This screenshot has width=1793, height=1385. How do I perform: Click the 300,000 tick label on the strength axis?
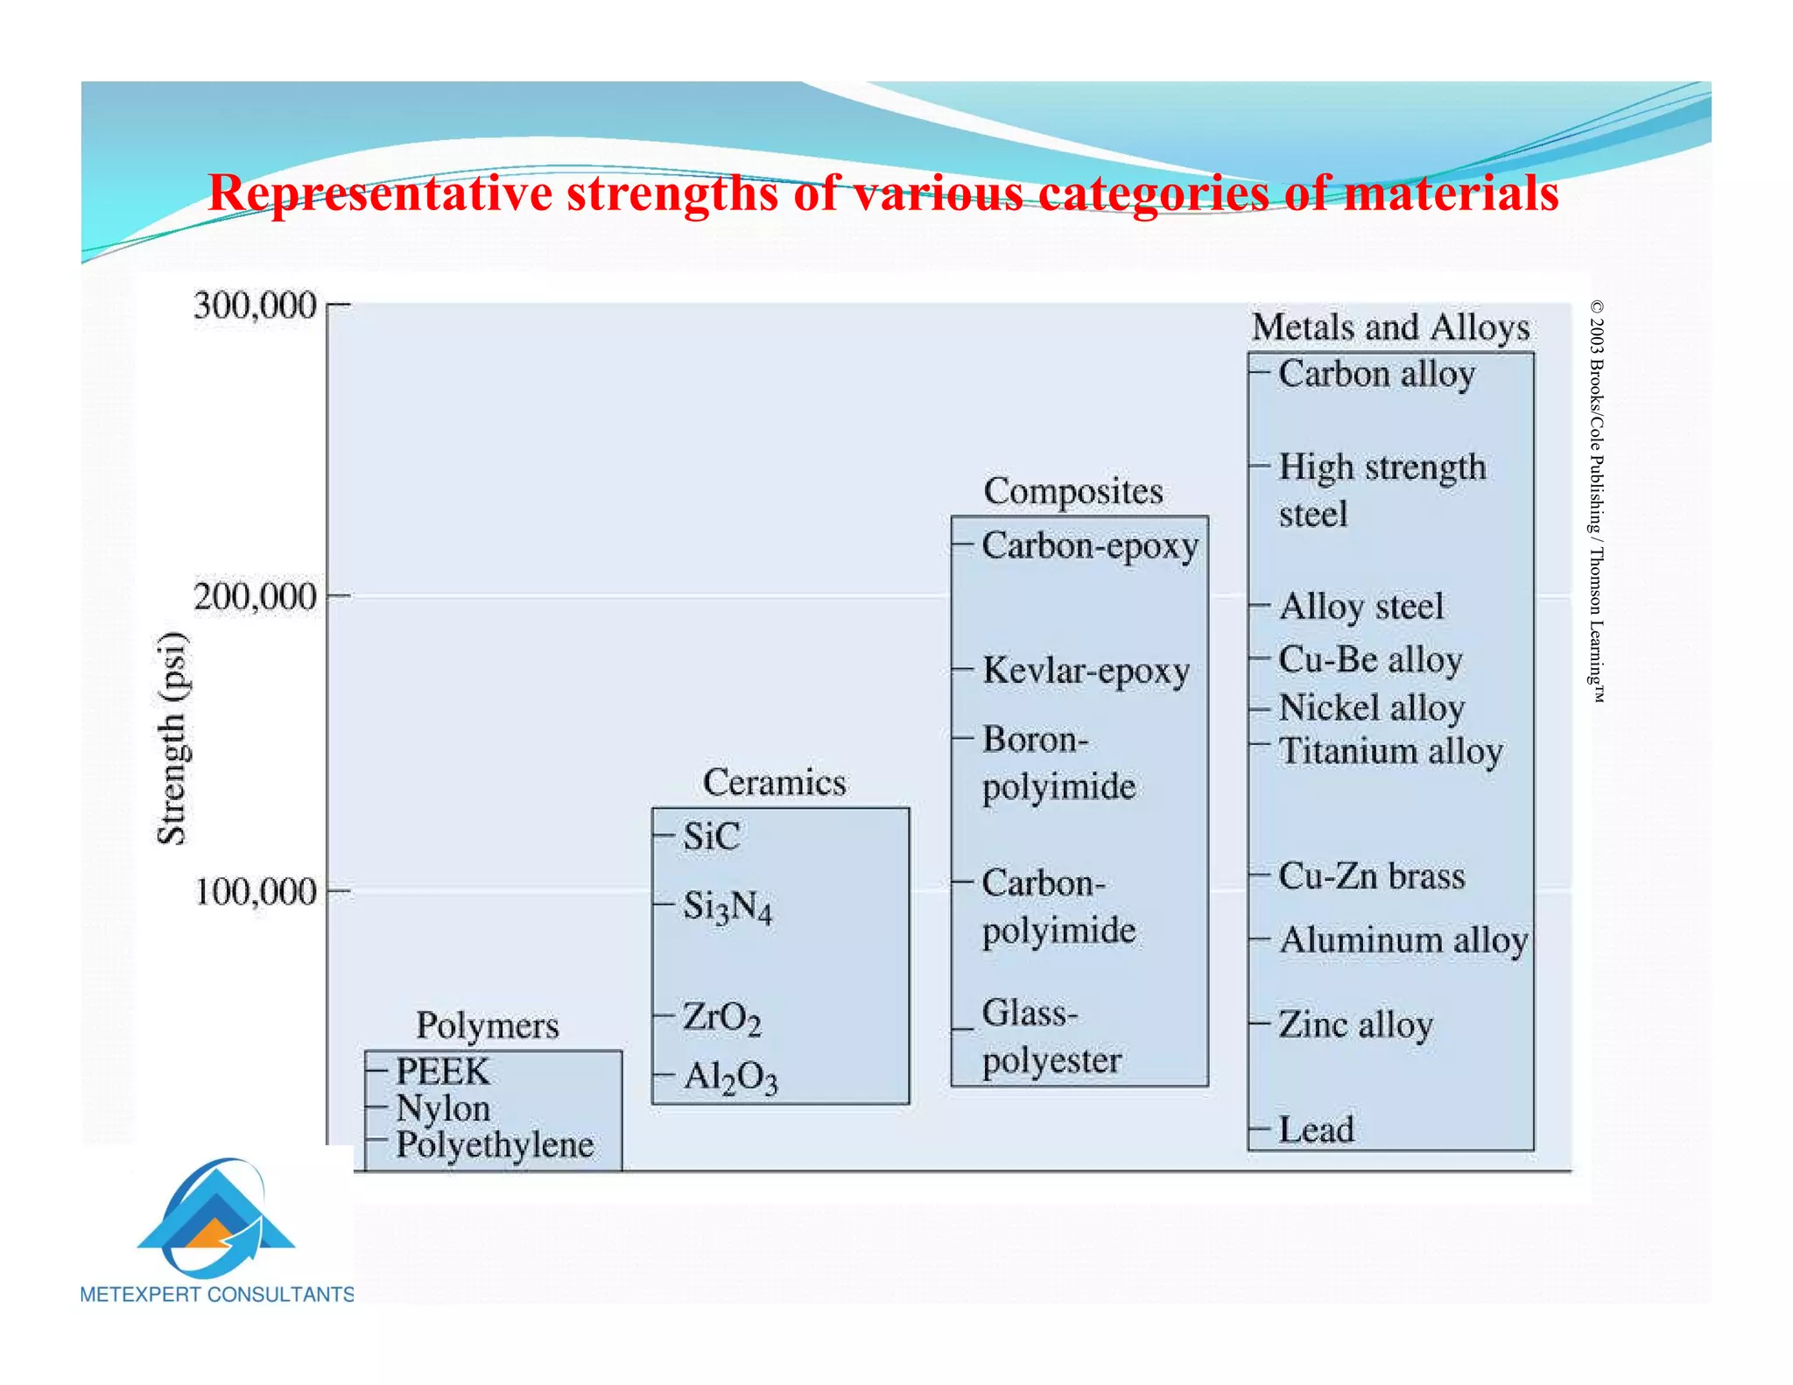254,306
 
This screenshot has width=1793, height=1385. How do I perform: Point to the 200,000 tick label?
254,597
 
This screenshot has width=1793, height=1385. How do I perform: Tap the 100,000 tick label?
254,892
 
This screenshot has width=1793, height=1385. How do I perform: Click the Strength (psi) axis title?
172,738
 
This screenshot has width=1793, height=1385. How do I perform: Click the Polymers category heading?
487,1025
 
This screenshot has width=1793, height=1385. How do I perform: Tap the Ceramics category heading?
774,783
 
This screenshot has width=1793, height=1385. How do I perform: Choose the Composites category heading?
1073,491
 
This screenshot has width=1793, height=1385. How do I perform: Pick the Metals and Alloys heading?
1390,327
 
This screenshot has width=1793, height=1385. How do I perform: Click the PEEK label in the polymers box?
442,1072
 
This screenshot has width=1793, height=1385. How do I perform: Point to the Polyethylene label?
495,1145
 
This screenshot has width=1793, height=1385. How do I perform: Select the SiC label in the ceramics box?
711,836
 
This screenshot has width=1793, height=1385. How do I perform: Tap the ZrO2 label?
721,1017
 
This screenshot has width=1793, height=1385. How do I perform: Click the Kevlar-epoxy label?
1086,671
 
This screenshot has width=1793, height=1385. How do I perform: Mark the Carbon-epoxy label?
1090,546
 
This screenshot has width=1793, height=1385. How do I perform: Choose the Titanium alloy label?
1390,751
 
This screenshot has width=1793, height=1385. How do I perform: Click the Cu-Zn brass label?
1371,876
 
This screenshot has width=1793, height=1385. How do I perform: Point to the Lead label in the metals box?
1316,1129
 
